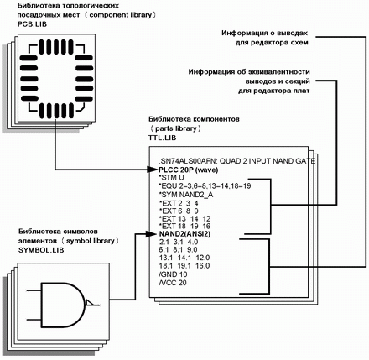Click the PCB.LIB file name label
(x=32, y=24)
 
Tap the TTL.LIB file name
(x=163, y=138)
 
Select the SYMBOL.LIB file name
(x=41, y=250)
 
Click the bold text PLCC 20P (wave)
(x=188, y=170)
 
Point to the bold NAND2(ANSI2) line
(x=184, y=234)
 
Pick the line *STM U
(x=172, y=178)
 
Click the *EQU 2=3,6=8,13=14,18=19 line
(x=205, y=185)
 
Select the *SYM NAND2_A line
(x=186, y=195)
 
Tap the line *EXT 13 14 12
(x=184, y=219)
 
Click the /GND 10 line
(x=173, y=274)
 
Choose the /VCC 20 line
(x=173, y=283)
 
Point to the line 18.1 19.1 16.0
(x=184, y=265)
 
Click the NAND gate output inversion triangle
(x=89, y=303)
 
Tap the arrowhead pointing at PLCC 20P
(x=153, y=170)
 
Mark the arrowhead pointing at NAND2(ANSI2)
(x=153, y=234)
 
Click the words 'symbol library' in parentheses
(x=91, y=241)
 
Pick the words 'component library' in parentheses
(x=121, y=15)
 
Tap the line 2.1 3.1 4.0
(x=179, y=242)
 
